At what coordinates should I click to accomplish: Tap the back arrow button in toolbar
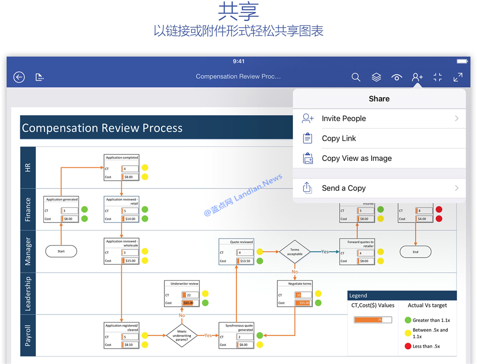click(x=19, y=77)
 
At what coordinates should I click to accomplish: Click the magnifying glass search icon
click(x=356, y=77)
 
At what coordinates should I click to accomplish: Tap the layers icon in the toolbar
click(x=376, y=77)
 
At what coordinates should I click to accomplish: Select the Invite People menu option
click(x=343, y=118)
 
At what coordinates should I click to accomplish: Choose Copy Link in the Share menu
click(x=339, y=138)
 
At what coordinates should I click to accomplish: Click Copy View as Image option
click(x=356, y=158)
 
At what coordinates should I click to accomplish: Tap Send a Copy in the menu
click(x=343, y=188)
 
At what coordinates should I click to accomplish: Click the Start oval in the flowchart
click(x=61, y=251)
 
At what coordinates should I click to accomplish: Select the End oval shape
click(x=415, y=252)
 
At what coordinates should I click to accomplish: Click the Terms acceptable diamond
click(x=294, y=252)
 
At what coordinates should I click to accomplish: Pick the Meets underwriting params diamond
click(x=182, y=335)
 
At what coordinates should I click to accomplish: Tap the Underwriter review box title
click(x=185, y=283)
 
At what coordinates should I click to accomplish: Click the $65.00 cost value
click(x=188, y=303)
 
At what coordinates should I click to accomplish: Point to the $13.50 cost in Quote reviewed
click(x=245, y=261)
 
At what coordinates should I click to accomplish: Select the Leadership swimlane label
click(x=28, y=293)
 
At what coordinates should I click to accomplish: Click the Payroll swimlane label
click(x=28, y=335)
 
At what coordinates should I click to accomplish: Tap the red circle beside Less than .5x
click(x=408, y=346)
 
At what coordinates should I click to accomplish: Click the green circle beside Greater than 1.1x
click(x=408, y=320)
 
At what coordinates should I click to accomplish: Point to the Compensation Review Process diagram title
click(x=102, y=128)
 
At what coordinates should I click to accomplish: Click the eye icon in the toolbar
click(x=396, y=77)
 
